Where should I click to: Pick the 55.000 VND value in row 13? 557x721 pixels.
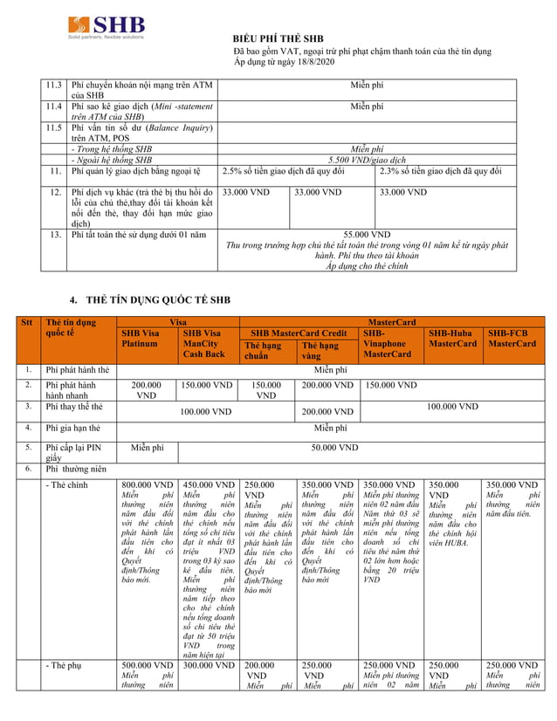coord(367,235)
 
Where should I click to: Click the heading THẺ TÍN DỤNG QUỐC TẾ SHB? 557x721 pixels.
coord(156,299)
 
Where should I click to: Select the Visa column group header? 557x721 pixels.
coord(177,322)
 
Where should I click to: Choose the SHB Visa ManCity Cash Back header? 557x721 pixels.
coord(208,343)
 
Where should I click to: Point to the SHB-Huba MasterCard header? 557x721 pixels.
coord(452,339)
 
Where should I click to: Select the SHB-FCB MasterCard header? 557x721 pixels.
coord(512,339)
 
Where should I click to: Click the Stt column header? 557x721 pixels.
coord(26,322)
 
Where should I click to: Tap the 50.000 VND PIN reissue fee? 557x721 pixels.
coord(336,448)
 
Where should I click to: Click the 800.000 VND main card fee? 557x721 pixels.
coord(148,484)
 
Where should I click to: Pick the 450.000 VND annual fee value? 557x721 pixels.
coord(209,484)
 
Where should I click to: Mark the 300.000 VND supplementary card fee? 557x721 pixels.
coord(209,665)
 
